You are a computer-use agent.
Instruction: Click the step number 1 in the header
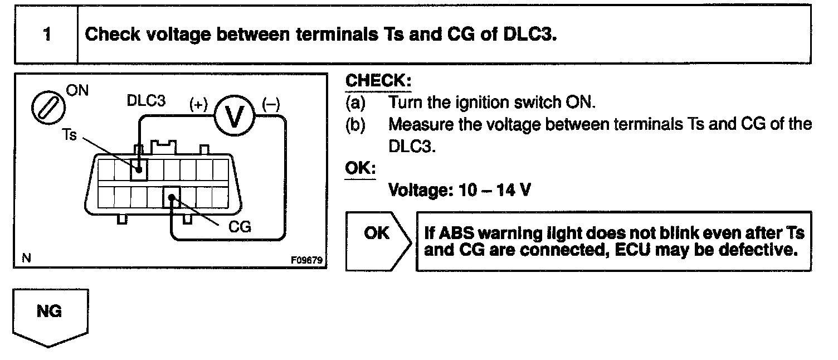tap(47, 35)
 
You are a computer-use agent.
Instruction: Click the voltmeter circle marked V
tap(235, 115)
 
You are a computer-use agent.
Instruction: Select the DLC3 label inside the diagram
tap(146, 102)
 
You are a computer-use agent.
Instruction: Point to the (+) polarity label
tap(198, 103)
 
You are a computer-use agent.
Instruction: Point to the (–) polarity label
tap(271, 103)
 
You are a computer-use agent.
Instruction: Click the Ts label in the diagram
tap(69, 135)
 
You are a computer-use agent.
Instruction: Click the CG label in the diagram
tap(240, 227)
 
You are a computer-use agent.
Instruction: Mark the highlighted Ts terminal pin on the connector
tap(139, 167)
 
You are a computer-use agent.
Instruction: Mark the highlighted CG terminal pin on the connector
tap(171, 197)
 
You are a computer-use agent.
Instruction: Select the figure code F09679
tap(306, 260)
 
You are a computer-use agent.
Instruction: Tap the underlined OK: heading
tap(360, 168)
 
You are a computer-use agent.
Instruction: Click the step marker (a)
tap(354, 103)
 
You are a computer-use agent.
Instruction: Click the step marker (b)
tap(354, 124)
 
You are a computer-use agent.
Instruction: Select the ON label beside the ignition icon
tap(77, 90)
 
